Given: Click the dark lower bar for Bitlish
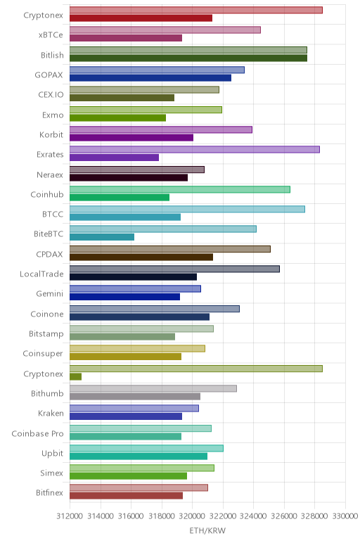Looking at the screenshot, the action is (188, 58).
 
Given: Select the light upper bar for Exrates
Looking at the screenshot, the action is (195, 150).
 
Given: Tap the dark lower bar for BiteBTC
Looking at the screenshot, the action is (102, 237).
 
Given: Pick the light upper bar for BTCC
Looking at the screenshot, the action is (187, 209).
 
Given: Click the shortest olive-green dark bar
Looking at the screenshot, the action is (75, 377).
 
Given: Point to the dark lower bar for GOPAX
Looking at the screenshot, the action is (150, 78).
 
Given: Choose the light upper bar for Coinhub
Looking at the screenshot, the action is (180, 189).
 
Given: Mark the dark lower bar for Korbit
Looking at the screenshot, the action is (131, 138).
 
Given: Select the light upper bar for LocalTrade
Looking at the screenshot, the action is (174, 269).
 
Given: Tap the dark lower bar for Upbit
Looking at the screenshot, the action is (139, 456).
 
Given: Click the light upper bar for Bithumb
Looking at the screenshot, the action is (153, 388).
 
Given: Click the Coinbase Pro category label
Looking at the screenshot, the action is (37, 433).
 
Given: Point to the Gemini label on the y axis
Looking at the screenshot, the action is (50, 294).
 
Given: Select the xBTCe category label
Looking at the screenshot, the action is (51, 35).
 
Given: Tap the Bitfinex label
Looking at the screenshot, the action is (49, 493).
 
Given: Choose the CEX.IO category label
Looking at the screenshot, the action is (51, 94).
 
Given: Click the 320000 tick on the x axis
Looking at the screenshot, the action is (192, 516).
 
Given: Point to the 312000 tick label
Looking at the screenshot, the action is (70, 516).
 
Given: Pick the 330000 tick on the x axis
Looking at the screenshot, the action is (345, 516).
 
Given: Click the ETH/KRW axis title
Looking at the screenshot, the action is (207, 530).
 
